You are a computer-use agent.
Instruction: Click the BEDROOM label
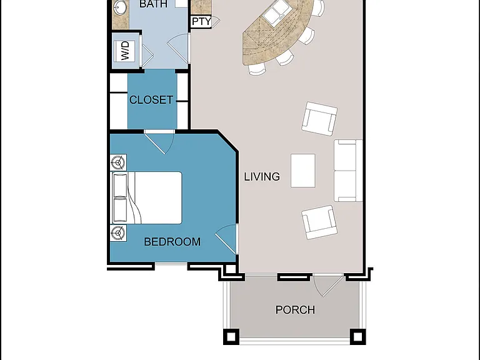(x=172, y=242)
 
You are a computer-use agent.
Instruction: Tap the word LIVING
(x=262, y=177)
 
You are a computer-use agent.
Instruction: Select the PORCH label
(x=295, y=310)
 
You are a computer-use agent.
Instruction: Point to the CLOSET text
(x=151, y=100)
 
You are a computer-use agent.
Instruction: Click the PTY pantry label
(x=201, y=21)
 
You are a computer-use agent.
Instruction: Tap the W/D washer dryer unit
(x=126, y=51)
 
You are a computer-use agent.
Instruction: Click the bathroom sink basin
(x=119, y=7)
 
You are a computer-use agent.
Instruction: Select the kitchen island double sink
(x=275, y=14)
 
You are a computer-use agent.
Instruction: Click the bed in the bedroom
(x=147, y=197)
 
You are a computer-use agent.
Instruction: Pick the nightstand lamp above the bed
(x=118, y=162)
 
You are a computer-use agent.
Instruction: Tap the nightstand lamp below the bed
(x=118, y=233)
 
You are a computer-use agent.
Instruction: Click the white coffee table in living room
(x=302, y=171)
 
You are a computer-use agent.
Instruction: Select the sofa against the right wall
(x=348, y=171)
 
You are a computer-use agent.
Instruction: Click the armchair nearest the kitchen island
(x=319, y=119)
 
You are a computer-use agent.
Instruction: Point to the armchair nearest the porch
(x=319, y=222)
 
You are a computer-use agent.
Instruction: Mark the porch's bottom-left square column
(x=231, y=337)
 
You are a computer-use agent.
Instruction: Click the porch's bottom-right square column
(x=358, y=337)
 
